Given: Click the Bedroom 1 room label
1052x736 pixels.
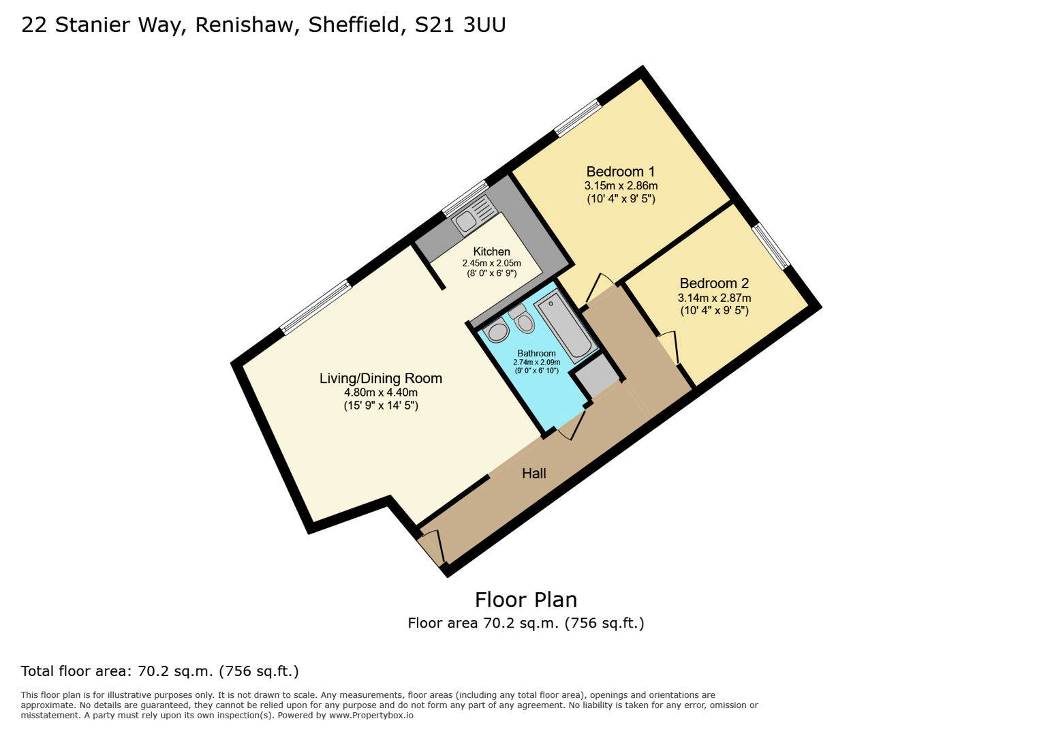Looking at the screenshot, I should [x=620, y=172].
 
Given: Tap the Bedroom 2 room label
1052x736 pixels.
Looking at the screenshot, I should [x=713, y=283].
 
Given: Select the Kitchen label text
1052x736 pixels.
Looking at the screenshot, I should [x=491, y=252].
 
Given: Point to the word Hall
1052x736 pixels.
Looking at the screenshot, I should [x=533, y=474].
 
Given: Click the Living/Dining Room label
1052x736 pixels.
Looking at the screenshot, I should [x=380, y=379].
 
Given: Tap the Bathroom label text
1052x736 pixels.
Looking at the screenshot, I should [x=536, y=354].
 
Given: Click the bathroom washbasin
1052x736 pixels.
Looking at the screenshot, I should [x=497, y=332].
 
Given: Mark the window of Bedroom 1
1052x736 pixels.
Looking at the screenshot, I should [x=578, y=118].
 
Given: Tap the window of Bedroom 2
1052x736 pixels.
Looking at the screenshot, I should [x=771, y=246].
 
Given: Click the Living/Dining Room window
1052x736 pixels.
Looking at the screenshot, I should [x=316, y=307].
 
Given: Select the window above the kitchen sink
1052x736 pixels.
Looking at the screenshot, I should [x=465, y=198].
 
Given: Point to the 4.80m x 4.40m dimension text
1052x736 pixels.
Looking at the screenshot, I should [x=380, y=393].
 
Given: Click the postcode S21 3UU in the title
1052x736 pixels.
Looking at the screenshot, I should [x=460, y=25].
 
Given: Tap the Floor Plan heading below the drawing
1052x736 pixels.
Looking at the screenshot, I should [x=525, y=600].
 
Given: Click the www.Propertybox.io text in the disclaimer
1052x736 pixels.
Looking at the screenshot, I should [x=371, y=716].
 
